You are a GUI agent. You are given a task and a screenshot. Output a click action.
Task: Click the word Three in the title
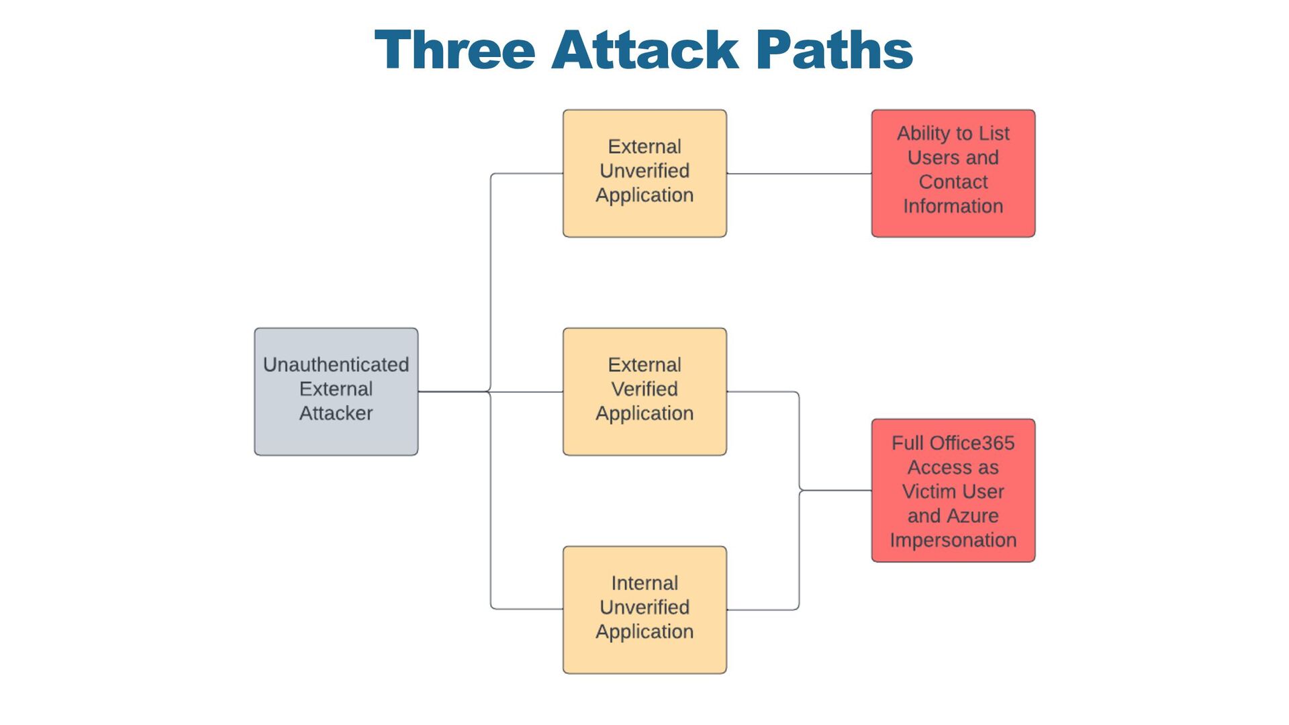pos(455,50)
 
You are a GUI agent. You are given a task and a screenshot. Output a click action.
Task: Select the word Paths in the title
pos(834,50)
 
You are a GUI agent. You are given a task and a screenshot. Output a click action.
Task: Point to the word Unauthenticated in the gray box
pos(336,365)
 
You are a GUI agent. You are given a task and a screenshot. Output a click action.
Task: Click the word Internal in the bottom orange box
pos(644,583)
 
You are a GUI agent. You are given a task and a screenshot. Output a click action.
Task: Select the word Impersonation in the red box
pos(953,540)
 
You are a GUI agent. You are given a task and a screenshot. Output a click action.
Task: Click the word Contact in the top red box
pos(953,182)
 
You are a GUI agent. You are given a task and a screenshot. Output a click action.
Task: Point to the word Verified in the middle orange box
pos(644,389)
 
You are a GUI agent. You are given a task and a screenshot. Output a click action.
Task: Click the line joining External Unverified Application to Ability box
pos(799,174)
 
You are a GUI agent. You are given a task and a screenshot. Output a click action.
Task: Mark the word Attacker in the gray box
pos(336,413)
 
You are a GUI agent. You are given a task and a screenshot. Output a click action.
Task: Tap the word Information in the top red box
pos(953,206)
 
